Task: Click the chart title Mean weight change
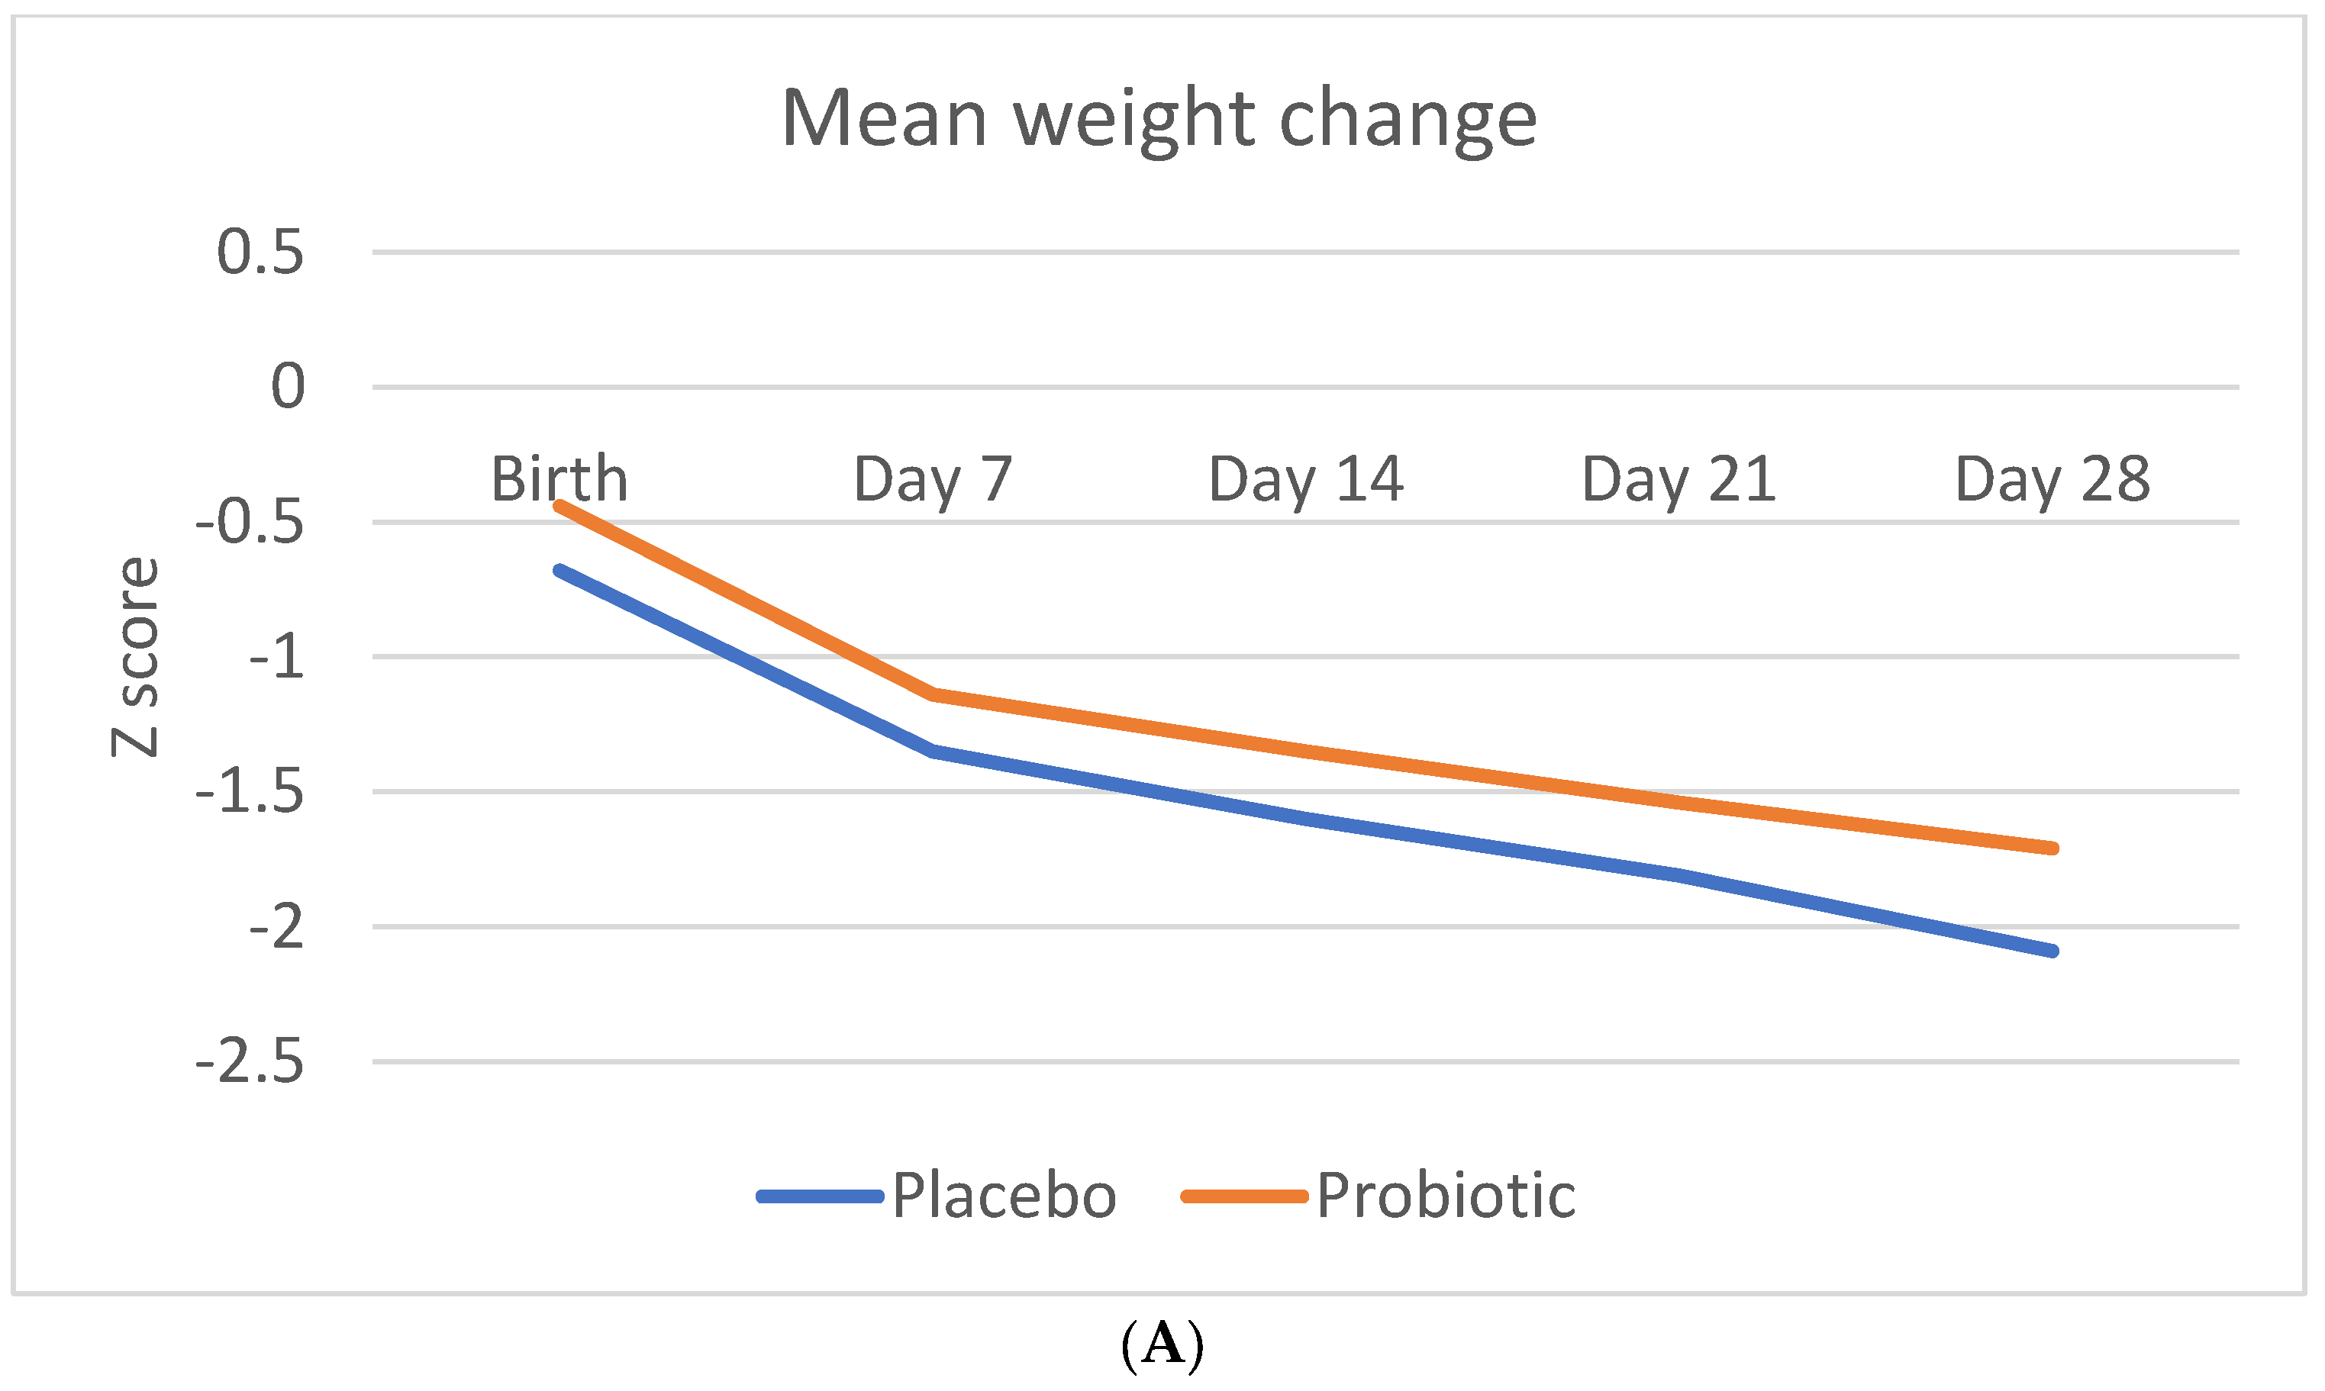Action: point(1159,119)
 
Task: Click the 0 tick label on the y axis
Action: point(287,386)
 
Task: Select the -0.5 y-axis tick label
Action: point(250,522)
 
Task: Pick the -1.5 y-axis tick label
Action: point(250,792)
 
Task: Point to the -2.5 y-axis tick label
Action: point(250,1062)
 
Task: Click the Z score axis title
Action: point(135,656)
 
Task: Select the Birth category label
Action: point(559,479)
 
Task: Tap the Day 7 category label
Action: point(933,479)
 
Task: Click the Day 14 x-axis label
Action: point(1305,479)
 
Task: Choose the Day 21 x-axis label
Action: point(1678,479)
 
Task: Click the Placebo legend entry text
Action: point(1003,1196)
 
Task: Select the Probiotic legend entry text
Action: point(1446,1196)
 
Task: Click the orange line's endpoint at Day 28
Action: point(2053,848)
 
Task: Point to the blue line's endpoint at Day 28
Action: point(2053,951)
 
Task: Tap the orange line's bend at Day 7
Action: point(933,694)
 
